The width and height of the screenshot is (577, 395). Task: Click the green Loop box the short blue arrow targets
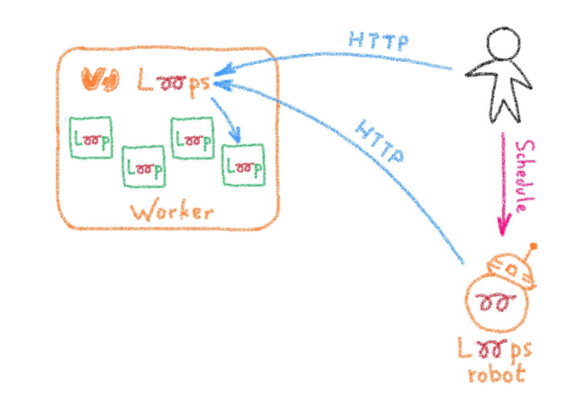click(x=243, y=165)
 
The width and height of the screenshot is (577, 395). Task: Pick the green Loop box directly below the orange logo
click(x=90, y=138)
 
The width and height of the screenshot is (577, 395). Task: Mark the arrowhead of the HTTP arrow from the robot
click(x=219, y=85)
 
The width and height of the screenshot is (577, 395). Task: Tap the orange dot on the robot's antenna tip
click(x=534, y=246)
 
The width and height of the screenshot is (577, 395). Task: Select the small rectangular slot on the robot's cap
click(x=512, y=270)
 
